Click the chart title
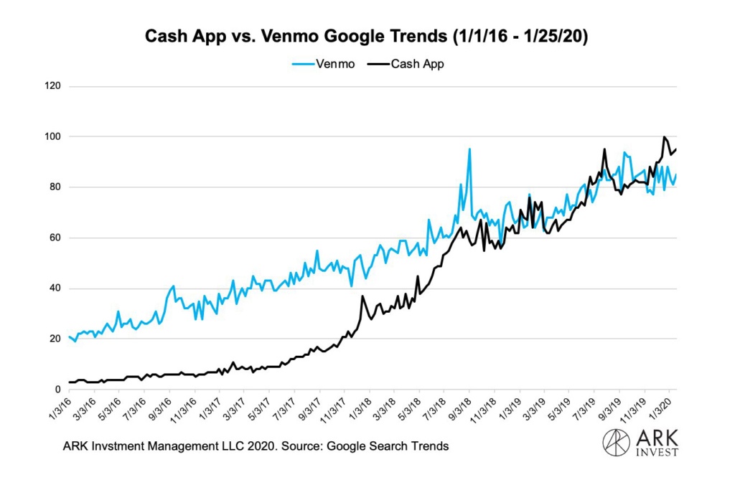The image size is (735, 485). pyautogui.click(x=367, y=37)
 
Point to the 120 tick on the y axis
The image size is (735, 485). pyautogui.click(x=54, y=86)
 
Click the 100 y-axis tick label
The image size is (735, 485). pyautogui.click(x=54, y=136)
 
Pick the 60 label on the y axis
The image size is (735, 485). pyautogui.click(x=56, y=237)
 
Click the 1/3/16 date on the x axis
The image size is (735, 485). pyautogui.click(x=60, y=408)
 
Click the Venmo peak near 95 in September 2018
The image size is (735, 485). pyautogui.click(x=469, y=149)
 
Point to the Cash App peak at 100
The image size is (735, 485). pyautogui.click(x=665, y=137)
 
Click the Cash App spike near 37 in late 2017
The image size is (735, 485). pyautogui.click(x=363, y=296)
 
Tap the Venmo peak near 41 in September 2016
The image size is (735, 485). pyautogui.click(x=173, y=286)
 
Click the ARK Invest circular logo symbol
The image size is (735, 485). pyautogui.click(x=615, y=443)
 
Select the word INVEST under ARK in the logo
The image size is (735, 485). pyautogui.click(x=655, y=452)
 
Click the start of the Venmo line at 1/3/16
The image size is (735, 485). pyautogui.click(x=70, y=336)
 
